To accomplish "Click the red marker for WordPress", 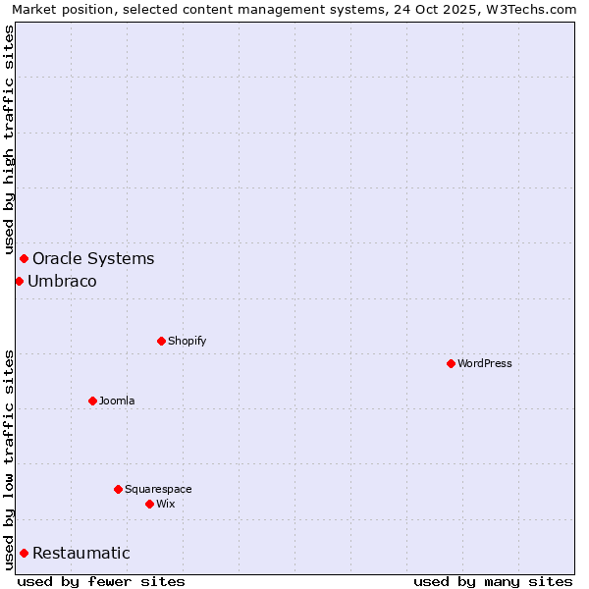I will (x=451, y=363).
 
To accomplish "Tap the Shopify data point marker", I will (x=161, y=341).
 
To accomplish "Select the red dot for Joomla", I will (x=92, y=401).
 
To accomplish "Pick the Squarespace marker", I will (x=118, y=489).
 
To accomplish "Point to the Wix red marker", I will (x=149, y=504).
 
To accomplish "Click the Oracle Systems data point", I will (x=24, y=258).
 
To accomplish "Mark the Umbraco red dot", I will (x=19, y=281).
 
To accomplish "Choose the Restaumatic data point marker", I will (x=24, y=553).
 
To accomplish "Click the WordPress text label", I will (x=485, y=363).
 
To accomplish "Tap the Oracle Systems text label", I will (x=93, y=258).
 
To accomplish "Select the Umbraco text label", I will (x=62, y=281).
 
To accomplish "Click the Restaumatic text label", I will (x=81, y=553).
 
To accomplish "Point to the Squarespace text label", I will (x=158, y=489).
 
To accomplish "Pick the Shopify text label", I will (x=187, y=341).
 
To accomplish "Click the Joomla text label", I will (x=117, y=401).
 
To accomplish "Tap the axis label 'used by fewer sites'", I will (x=101, y=581).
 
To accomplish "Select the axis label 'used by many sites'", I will (x=493, y=581).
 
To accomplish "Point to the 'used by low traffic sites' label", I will (x=9, y=458).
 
